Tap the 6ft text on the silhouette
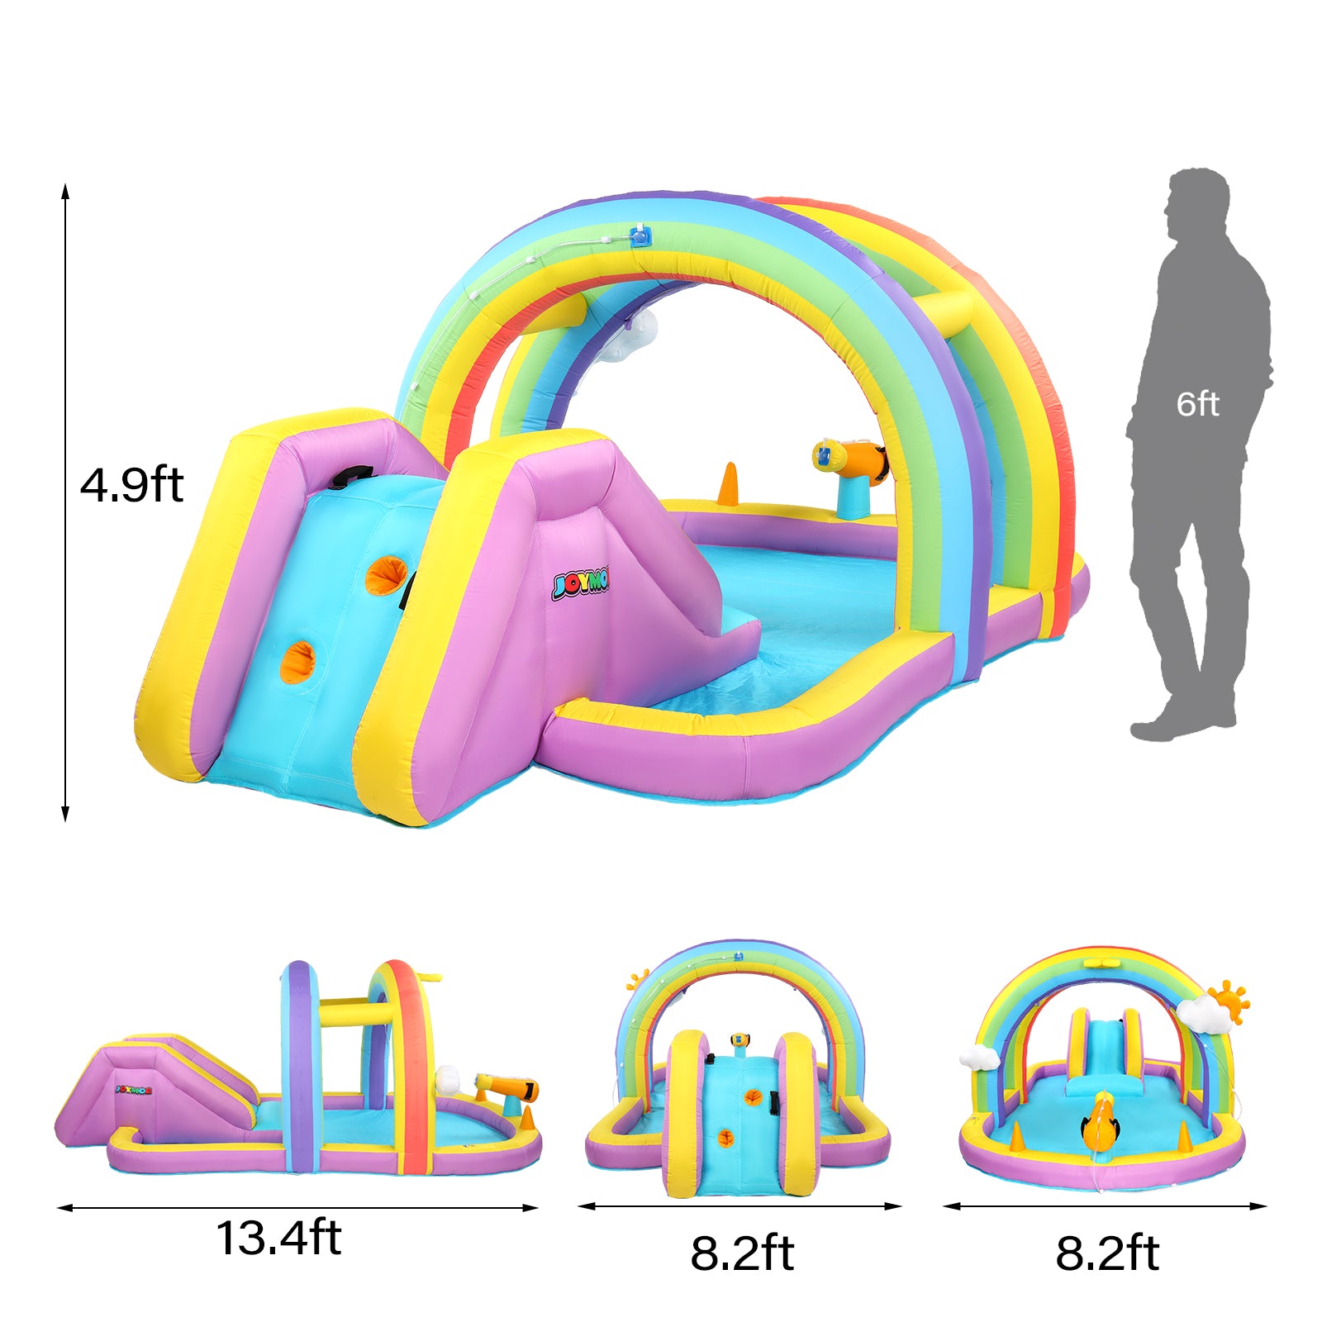click(1197, 404)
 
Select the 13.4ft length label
click(278, 1238)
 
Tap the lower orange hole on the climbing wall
click(298, 662)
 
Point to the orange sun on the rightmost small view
click(1228, 1000)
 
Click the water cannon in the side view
click(507, 1089)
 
